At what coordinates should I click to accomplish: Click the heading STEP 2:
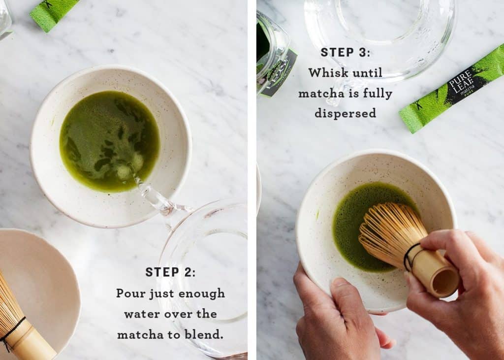[x=170, y=272]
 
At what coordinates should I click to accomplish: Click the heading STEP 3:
[x=345, y=52]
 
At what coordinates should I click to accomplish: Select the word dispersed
[x=345, y=113]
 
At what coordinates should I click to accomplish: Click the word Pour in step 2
[x=130, y=294]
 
